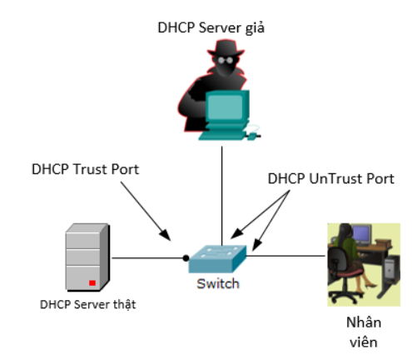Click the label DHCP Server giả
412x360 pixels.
(x=211, y=28)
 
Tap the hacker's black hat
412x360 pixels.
(x=226, y=47)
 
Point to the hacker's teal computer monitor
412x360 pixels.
(x=227, y=107)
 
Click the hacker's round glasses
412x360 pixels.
(x=226, y=60)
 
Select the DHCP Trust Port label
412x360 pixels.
(x=85, y=169)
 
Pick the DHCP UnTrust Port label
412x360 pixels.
(x=330, y=178)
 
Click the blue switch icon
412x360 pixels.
(x=217, y=259)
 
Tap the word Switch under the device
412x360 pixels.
(x=218, y=283)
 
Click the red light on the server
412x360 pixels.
(x=92, y=282)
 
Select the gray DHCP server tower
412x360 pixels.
(x=87, y=257)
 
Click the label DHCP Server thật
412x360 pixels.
(x=88, y=305)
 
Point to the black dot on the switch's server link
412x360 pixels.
(x=186, y=258)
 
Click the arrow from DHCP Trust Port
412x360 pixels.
(x=146, y=211)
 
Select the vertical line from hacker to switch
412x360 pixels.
(x=222, y=196)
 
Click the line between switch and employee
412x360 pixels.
(x=285, y=256)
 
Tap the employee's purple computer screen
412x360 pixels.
(x=361, y=234)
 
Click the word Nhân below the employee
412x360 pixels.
(x=364, y=322)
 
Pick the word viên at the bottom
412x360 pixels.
(x=364, y=342)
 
